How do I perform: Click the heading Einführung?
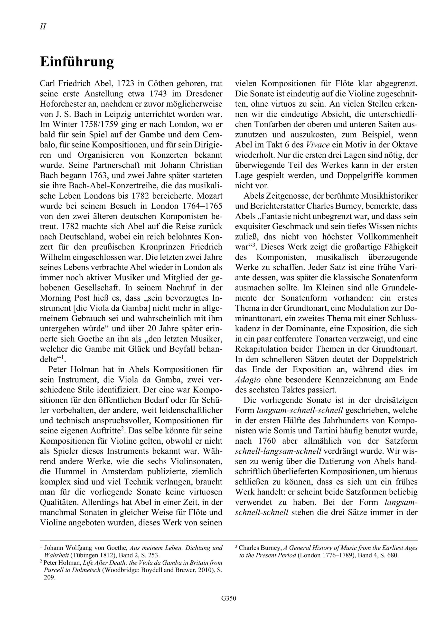(x=77, y=62)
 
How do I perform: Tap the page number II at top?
(x=43, y=27)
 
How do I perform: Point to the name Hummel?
(x=69, y=472)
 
